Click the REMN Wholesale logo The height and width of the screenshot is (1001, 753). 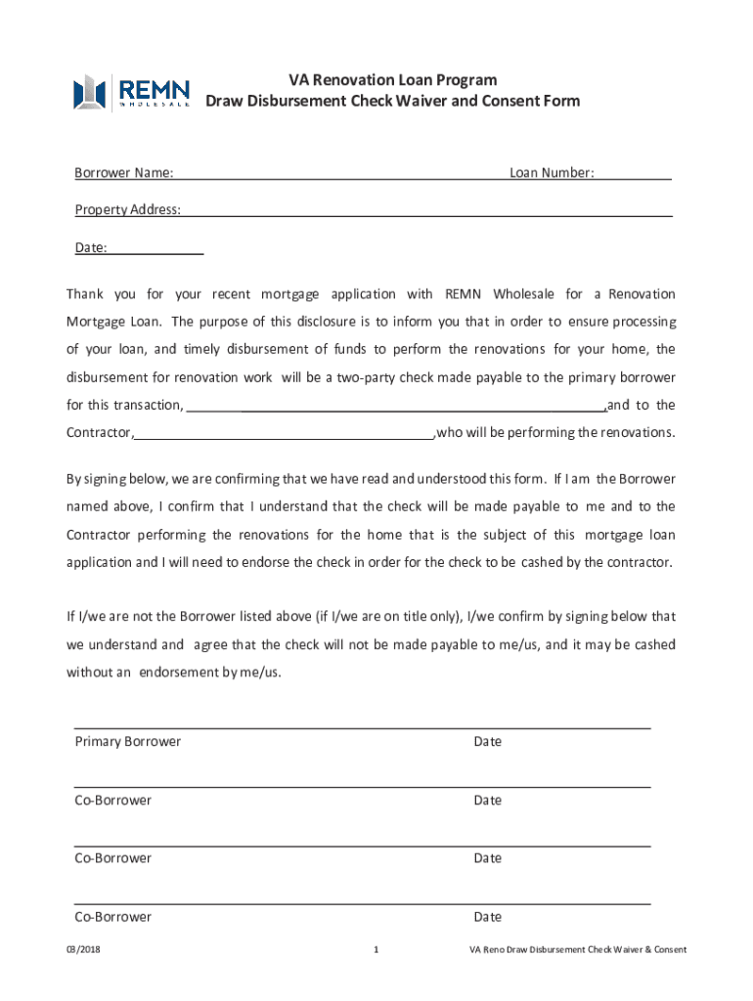click(132, 92)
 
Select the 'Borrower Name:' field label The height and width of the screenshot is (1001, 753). click(124, 173)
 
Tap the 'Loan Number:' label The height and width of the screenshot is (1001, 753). click(552, 173)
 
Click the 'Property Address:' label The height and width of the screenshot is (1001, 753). click(127, 209)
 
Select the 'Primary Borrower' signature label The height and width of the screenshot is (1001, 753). click(127, 742)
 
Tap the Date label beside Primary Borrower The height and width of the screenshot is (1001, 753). click(487, 742)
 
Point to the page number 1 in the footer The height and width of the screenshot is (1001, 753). click(376, 949)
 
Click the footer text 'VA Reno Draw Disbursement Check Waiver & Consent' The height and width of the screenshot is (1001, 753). click(577, 949)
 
